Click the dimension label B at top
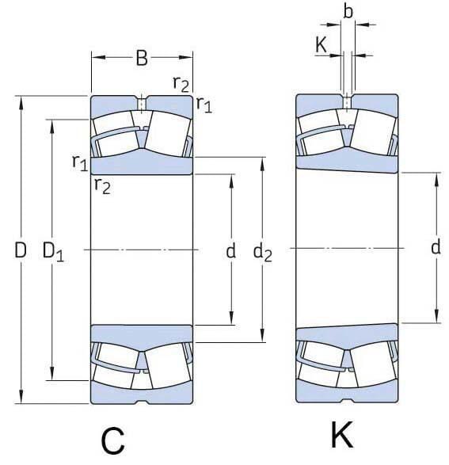[141, 58]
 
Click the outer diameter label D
[21, 251]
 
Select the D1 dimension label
[52, 253]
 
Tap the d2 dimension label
[262, 253]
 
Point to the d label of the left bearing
[230, 252]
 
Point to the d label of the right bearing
[436, 248]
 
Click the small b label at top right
[348, 12]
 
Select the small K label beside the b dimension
[321, 45]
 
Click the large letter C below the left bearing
[113, 440]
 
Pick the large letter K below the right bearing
[341, 436]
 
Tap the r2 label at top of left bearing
[181, 82]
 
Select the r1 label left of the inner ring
[79, 162]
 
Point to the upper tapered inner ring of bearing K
[346, 162]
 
